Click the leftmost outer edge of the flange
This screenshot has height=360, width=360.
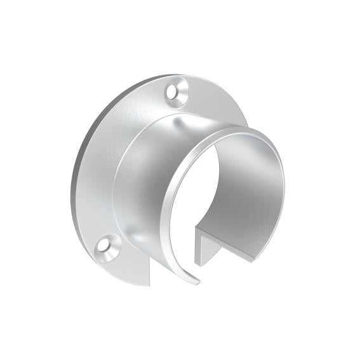71,190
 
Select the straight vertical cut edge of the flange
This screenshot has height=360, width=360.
150,270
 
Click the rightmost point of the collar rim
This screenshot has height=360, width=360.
284,190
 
